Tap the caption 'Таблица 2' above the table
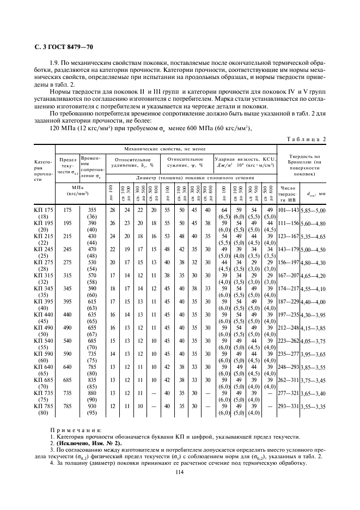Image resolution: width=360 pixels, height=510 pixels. pos(306,139)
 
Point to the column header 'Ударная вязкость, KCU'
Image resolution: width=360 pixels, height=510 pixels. pos(245,159)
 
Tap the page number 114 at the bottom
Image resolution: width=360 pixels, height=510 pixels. pos(180,472)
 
